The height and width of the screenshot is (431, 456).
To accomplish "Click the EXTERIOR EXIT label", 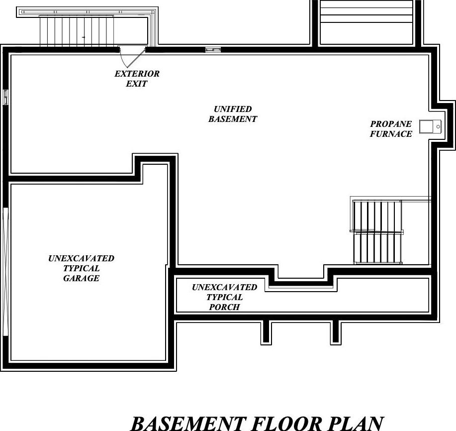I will (x=137, y=79).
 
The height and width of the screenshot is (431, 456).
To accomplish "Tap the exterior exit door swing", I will (x=131, y=56).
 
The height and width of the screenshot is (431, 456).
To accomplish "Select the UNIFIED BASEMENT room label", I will (x=233, y=114).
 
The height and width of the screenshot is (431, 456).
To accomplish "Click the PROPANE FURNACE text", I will (x=391, y=129).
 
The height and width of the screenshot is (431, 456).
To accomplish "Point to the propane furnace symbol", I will (x=430, y=127).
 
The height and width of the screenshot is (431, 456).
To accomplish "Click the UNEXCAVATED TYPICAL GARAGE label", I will (x=81, y=268).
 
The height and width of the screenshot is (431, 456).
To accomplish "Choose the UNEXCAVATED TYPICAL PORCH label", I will (x=225, y=297).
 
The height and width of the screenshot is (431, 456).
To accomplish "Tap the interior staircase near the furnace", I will (x=377, y=232).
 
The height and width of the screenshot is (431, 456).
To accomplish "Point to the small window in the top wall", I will (x=213, y=49).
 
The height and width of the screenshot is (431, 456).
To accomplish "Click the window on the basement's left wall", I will (x=6, y=97).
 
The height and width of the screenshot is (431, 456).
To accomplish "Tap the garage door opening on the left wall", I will (x=5, y=272).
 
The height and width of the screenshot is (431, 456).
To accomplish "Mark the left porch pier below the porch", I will (x=267, y=332).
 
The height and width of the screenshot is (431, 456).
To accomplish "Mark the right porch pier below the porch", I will (x=336, y=332).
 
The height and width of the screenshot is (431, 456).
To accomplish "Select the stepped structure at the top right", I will (x=366, y=22).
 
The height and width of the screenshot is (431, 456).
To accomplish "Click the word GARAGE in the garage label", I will (x=81, y=278).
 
